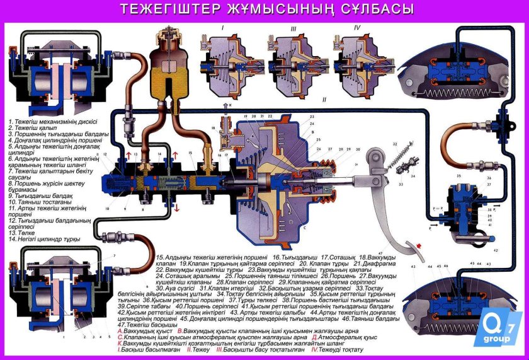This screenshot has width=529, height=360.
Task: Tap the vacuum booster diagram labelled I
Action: tap(225, 61)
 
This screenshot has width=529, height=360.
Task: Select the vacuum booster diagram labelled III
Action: tap(293, 61)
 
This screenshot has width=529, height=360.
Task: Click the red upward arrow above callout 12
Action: tap(130, 154)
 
